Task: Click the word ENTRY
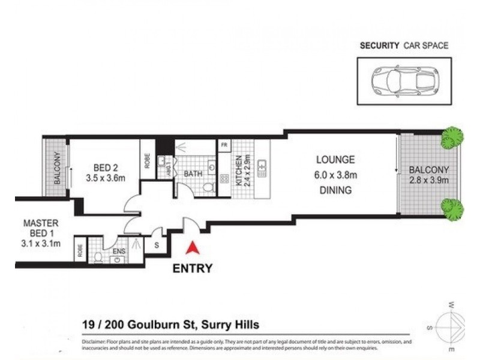click(192, 268)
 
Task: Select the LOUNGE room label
click(336, 160)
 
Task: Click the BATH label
click(193, 174)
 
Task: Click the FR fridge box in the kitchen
click(224, 146)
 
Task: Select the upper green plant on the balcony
click(452, 138)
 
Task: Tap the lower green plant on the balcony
click(452, 208)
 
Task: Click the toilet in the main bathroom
click(209, 187)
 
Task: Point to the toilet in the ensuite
click(98, 257)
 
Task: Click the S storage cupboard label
click(157, 244)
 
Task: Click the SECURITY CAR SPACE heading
click(403, 45)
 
